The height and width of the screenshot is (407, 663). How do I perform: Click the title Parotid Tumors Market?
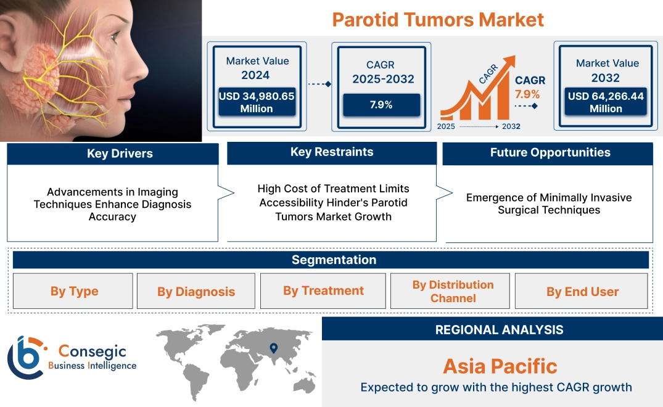[438, 19]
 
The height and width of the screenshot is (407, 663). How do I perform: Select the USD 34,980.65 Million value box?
[257, 102]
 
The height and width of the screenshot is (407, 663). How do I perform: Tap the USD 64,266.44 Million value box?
[606, 102]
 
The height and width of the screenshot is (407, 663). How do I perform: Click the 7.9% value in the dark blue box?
[381, 105]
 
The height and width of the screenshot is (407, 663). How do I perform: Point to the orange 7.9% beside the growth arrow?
[527, 94]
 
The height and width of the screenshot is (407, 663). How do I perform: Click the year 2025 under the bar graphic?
[446, 126]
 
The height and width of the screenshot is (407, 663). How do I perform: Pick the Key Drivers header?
[112, 154]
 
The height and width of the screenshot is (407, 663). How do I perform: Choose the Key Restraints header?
[332, 152]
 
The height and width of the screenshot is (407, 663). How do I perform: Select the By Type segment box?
[73, 291]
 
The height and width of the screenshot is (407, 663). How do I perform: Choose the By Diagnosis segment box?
[196, 292]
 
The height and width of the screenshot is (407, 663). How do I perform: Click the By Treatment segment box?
[323, 290]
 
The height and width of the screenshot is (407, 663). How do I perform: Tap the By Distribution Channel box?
[452, 291]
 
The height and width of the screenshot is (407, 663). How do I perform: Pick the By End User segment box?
[582, 292]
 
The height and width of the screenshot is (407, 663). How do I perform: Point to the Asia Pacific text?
[500, 366]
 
